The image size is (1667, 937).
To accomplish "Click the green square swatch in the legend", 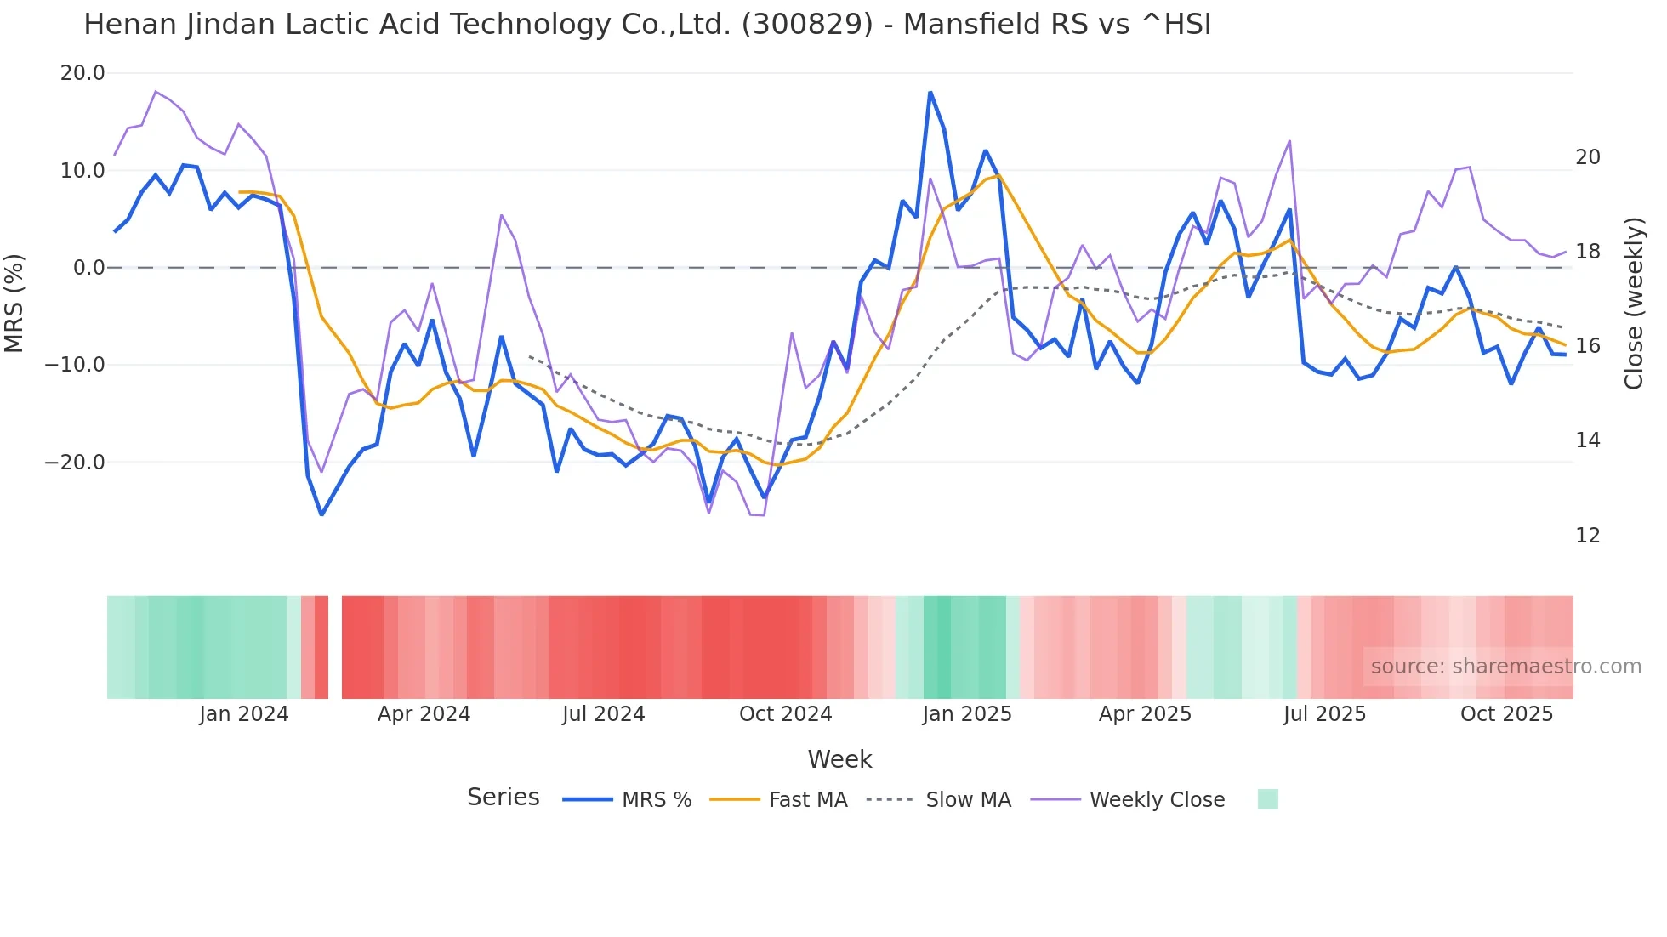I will (x=1267, y=799).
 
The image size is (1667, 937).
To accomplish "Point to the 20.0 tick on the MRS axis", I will (x=82, y=73).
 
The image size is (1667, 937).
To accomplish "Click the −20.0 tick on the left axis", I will (x=75, y=463).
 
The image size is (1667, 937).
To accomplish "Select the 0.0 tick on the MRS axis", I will (x=88, y=268).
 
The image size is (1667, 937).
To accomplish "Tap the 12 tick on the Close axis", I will (x=1587, y=536).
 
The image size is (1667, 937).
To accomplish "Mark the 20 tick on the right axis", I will (x=1587, y=157).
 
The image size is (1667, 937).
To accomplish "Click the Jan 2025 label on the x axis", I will (x=967, y=714).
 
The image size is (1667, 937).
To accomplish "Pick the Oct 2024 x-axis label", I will (x=785, y=714).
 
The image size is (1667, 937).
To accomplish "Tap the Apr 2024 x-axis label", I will (x=424, y=714).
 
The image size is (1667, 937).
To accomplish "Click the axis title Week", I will (x=839, y=759).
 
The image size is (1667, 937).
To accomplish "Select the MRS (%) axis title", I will (x=14, y=303).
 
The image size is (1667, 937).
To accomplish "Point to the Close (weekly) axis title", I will (x=1633, y=304).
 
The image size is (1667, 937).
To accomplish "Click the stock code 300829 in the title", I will (x=807, y=25).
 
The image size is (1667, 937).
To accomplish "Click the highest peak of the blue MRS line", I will (x=930, y=93).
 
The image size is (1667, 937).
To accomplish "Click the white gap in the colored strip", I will (x=335, y=647).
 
